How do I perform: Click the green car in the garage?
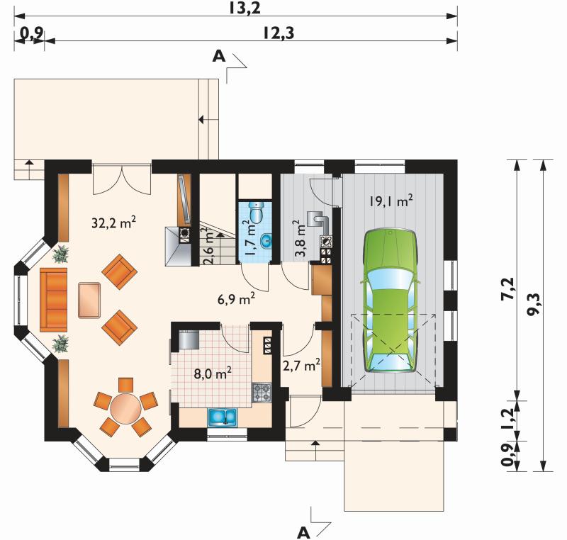click(390, 300)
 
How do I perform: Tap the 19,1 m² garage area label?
click(391, 201)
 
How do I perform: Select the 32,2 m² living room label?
click(114, 223)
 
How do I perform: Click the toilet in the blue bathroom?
click(257, 212)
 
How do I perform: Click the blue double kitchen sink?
click(222, 417)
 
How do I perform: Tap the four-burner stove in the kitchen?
click(262, 393)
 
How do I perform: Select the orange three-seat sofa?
click(54, 300)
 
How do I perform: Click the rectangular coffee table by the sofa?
click(89, 300)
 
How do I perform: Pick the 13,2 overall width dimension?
click(245, 9)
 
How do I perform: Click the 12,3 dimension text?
click(278, 33)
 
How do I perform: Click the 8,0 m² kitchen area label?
click(213, 373)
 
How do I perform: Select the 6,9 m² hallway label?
click(237, 299)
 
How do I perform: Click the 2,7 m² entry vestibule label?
click(302, 365)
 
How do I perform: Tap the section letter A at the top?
click(219, 56)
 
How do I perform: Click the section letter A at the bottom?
click(303, 532)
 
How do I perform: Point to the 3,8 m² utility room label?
click(301, 238)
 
